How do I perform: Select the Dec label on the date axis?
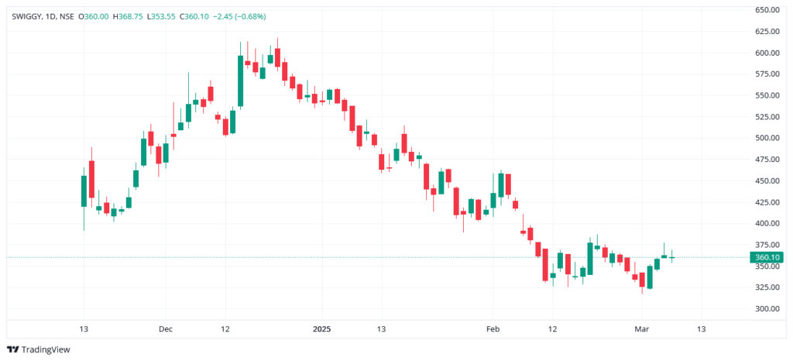click(165, 328)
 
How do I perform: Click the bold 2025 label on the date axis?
click(321, 328)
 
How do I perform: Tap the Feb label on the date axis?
click(492, 328)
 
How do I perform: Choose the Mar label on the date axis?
click(642, 328)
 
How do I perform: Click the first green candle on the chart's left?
click(84, 191)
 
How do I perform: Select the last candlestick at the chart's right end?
click(671, 257)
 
